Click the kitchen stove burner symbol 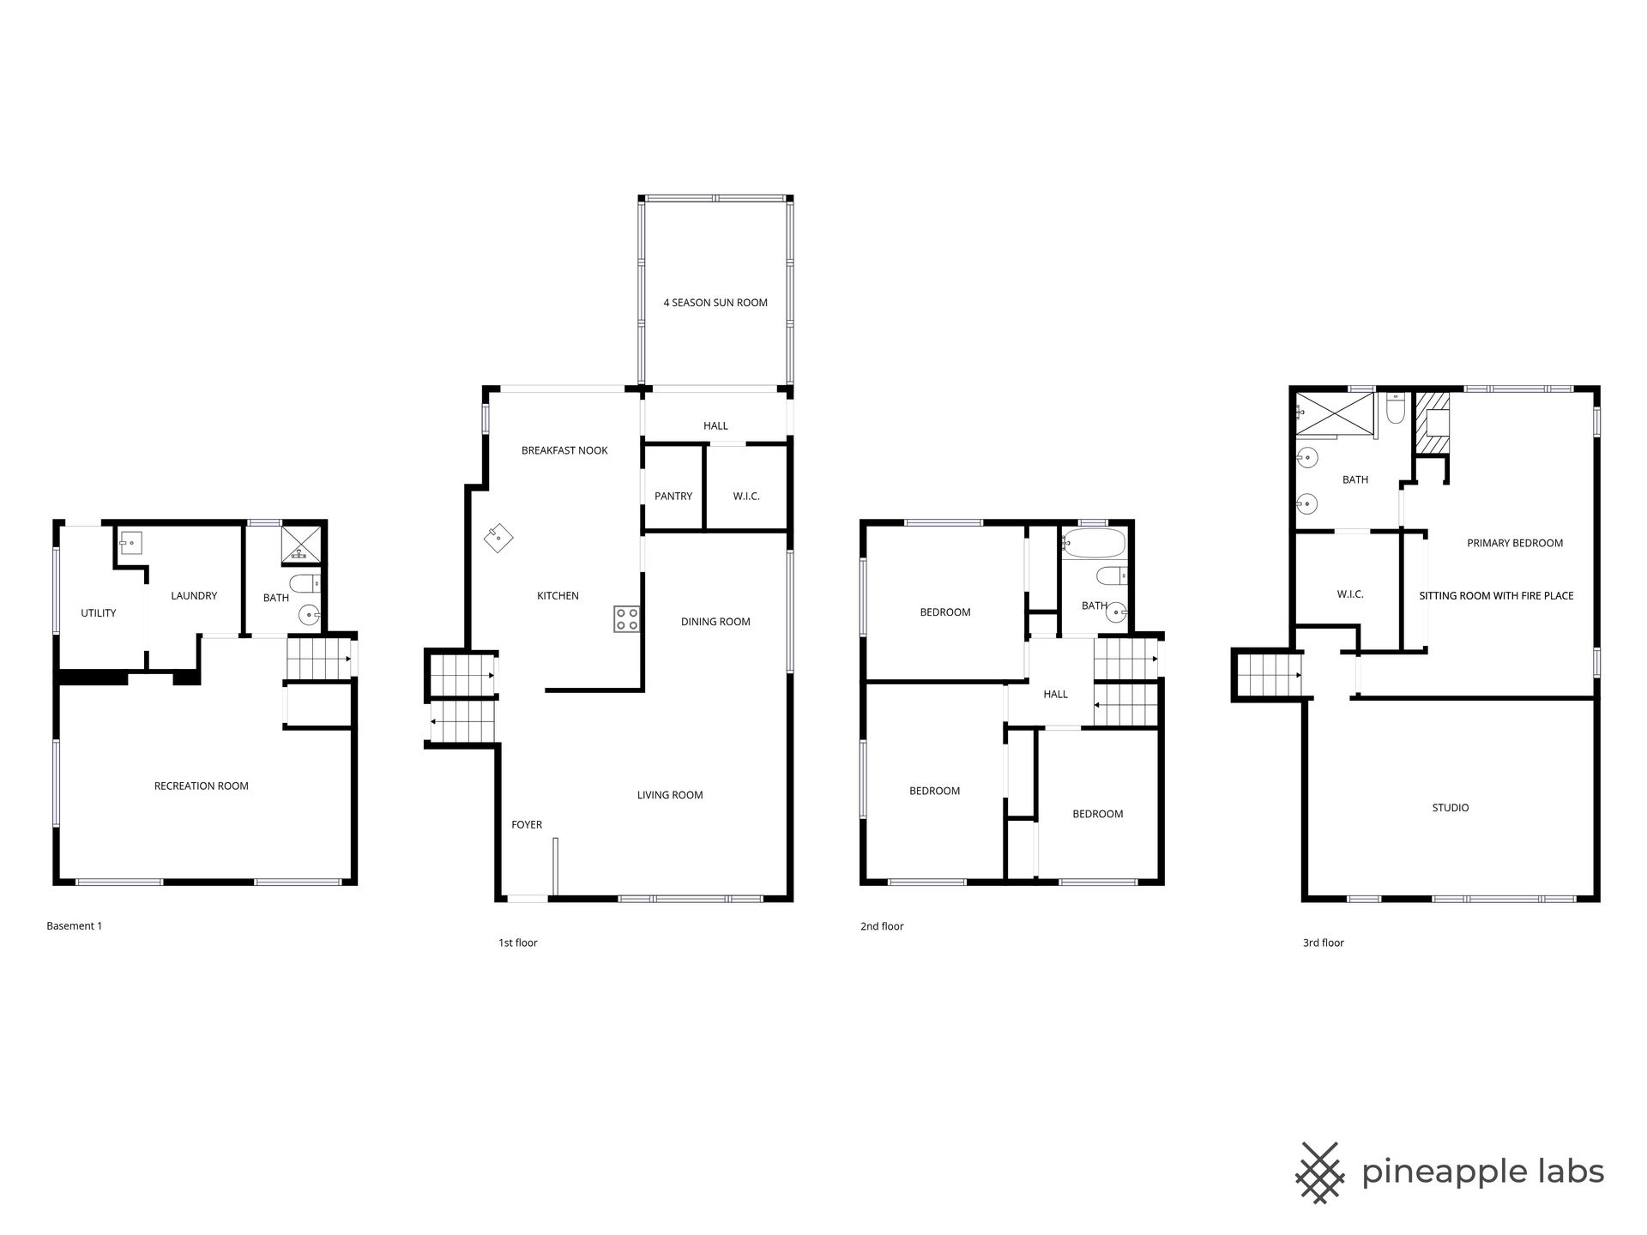tap(626, 618)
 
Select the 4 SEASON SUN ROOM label tap(715, 303)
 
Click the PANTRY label tap(673, 497)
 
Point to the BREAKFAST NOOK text tap(564, 450)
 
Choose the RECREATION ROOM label tap(202, 786)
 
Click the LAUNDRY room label tap(194, 596)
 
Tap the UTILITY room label tap(99, 613)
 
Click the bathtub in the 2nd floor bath tap(1093, 543)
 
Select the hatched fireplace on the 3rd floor tap(1432, 422)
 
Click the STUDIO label tap(1451, 808)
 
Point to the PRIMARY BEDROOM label tap(1515, 543)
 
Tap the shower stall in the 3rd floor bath tap(1335, 415)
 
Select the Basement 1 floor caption tap(75, 926)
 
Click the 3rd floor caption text tap(1324, 943)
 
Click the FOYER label tap(527, 825)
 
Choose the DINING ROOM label tap(715, 622)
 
